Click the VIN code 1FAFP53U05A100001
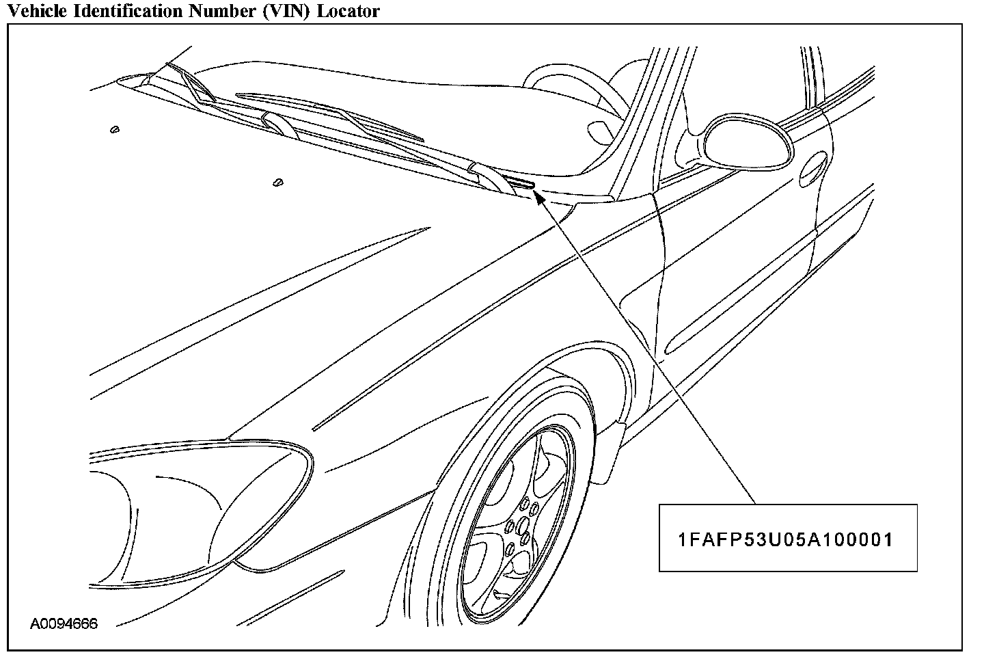[x=786, y=540]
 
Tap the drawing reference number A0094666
[x=64, y=623]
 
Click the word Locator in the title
[x=348, y=11]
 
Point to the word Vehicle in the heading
[x=32, y=11]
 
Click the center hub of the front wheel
[x=521, y=526]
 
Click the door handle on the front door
[x=814, y=167]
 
